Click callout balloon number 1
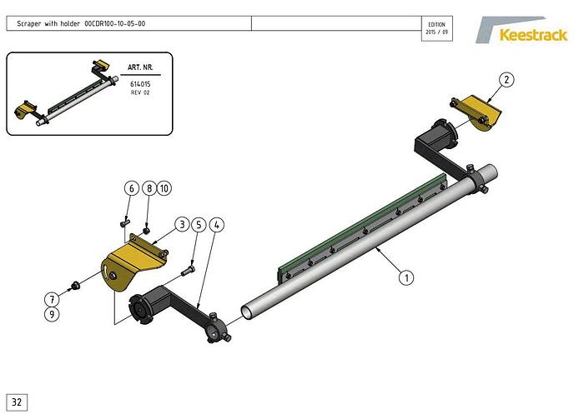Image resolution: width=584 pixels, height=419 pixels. point(406,277)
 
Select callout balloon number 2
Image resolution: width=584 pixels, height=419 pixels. point(506,80)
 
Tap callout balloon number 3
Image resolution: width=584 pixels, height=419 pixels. point(182,225)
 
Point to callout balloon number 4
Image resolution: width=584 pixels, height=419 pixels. point(217,225)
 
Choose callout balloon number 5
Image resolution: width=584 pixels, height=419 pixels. point(199,225)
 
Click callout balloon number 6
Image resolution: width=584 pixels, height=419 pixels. point(132,188)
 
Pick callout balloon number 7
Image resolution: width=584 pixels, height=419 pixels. point(52,299)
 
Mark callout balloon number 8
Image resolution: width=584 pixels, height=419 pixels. point(149,188)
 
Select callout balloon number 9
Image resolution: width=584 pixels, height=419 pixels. point(52,315)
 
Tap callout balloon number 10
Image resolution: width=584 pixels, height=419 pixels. point(164,188)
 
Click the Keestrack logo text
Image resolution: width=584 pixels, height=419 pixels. point(533,35)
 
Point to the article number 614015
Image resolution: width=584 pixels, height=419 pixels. point(140,84)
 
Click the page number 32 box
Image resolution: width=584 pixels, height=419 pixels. point(17,402)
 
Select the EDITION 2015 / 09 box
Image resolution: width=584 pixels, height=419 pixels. point(437,28)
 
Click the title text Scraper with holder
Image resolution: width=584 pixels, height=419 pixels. point(48,24)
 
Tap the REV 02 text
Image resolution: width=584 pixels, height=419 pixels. point(140,92)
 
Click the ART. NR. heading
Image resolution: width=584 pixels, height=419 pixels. point(140,67)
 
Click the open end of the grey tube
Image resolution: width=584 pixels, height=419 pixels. point(246,312)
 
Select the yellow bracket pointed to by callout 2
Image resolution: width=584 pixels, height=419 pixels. point(476,112)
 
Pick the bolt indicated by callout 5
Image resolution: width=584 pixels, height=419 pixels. point(189,271)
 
